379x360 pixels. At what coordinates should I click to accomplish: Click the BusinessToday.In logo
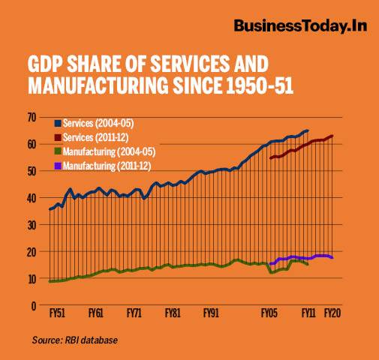click(299, 27)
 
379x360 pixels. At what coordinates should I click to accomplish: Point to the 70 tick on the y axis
click(32, 117)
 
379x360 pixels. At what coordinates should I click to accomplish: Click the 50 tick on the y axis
click(32, 171)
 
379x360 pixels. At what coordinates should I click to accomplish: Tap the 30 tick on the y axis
click(32, 225)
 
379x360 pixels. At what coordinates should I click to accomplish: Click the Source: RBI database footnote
click(74, 340)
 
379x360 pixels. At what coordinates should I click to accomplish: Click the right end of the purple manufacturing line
click(332, 258)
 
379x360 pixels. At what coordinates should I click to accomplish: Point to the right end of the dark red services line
click(332, 136)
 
